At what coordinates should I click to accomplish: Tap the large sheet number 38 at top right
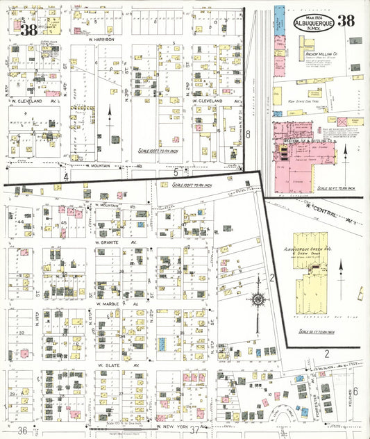pos(346,21)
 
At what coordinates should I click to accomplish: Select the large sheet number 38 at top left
pos(28,30)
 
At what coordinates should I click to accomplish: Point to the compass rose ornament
pos(258,300)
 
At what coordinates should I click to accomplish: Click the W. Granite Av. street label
pos(113,242)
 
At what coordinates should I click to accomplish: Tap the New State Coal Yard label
pos(303,101)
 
